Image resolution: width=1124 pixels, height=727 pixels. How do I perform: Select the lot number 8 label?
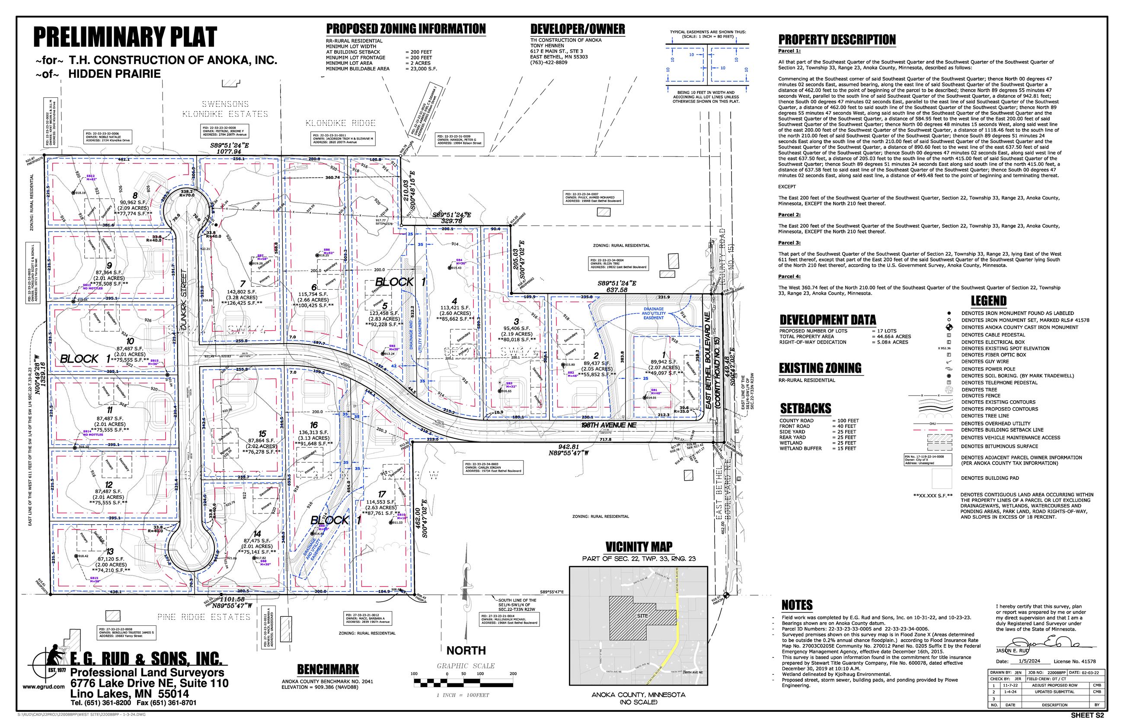click(135, 195)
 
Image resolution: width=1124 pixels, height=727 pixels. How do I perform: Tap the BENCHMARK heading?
click(328, 669)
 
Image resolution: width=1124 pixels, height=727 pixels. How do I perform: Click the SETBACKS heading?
click(805, 408)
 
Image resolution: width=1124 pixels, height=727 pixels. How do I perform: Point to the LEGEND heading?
click(988, 301)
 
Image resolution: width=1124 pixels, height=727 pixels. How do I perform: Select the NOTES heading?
click(797, 605)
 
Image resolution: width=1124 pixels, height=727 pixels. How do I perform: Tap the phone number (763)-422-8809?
click(549, 62)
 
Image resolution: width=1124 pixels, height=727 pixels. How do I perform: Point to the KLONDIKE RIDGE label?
click(340, 123)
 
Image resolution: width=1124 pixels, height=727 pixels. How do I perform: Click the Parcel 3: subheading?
click(789, 242)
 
